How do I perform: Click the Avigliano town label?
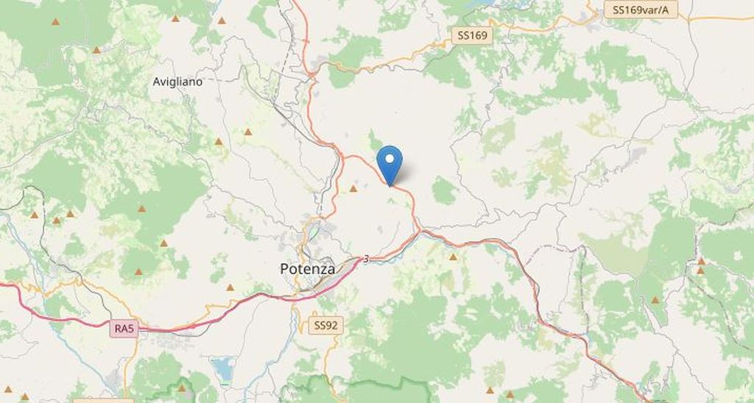177,82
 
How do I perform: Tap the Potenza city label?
308,269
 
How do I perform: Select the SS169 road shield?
472,35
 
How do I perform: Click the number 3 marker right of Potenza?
366,259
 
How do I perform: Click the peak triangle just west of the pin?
353,189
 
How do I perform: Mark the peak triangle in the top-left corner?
55,21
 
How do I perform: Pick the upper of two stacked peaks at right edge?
702,261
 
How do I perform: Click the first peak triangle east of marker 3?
454,257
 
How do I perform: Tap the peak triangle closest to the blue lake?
182,388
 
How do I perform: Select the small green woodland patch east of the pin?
443,191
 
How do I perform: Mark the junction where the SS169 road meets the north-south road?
312,73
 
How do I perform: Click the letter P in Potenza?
285,269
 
